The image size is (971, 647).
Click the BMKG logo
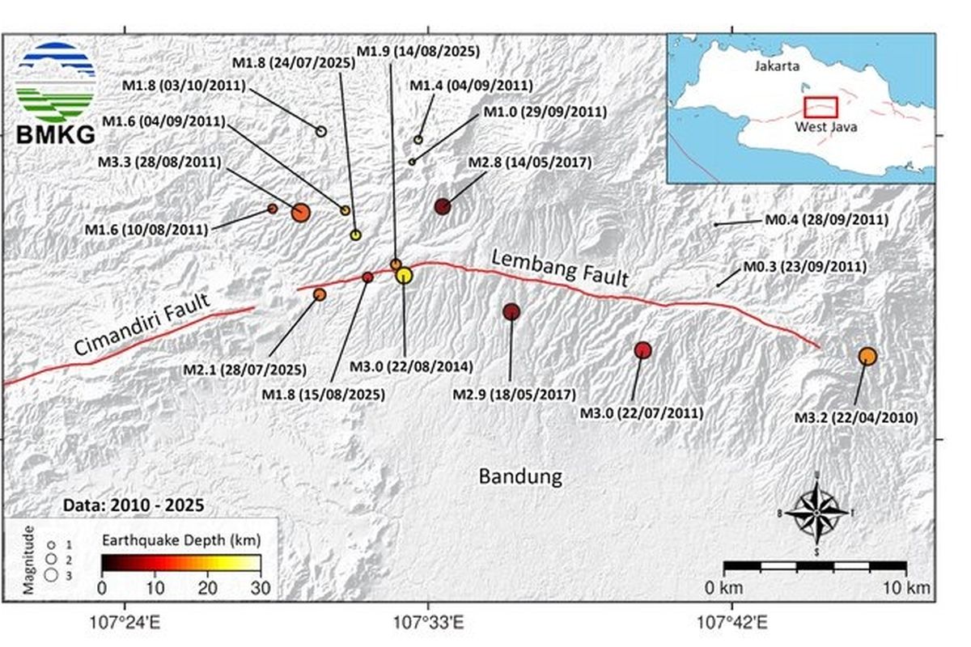point(56,95)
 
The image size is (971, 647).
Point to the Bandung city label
point(520,476)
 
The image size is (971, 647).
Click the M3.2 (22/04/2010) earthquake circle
point(867,356)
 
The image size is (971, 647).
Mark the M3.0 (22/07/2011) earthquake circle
point(642,350)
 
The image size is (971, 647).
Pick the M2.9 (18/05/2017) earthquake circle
point(511,311)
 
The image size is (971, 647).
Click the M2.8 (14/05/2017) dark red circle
point(442,206)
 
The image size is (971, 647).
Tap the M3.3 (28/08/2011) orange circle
point(300,213)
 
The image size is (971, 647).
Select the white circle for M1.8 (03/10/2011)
point(320,131)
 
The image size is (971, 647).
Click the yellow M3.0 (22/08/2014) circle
point(405,275)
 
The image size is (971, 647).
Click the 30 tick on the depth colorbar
point(261,587)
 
